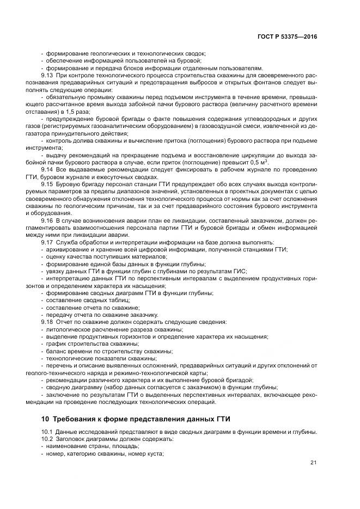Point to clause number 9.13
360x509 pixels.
point(47,75)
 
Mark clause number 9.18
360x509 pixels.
point(47,322)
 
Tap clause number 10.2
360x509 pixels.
point(47,439)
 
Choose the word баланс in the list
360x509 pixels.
point(55,351)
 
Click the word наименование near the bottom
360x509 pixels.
point(65,446)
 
